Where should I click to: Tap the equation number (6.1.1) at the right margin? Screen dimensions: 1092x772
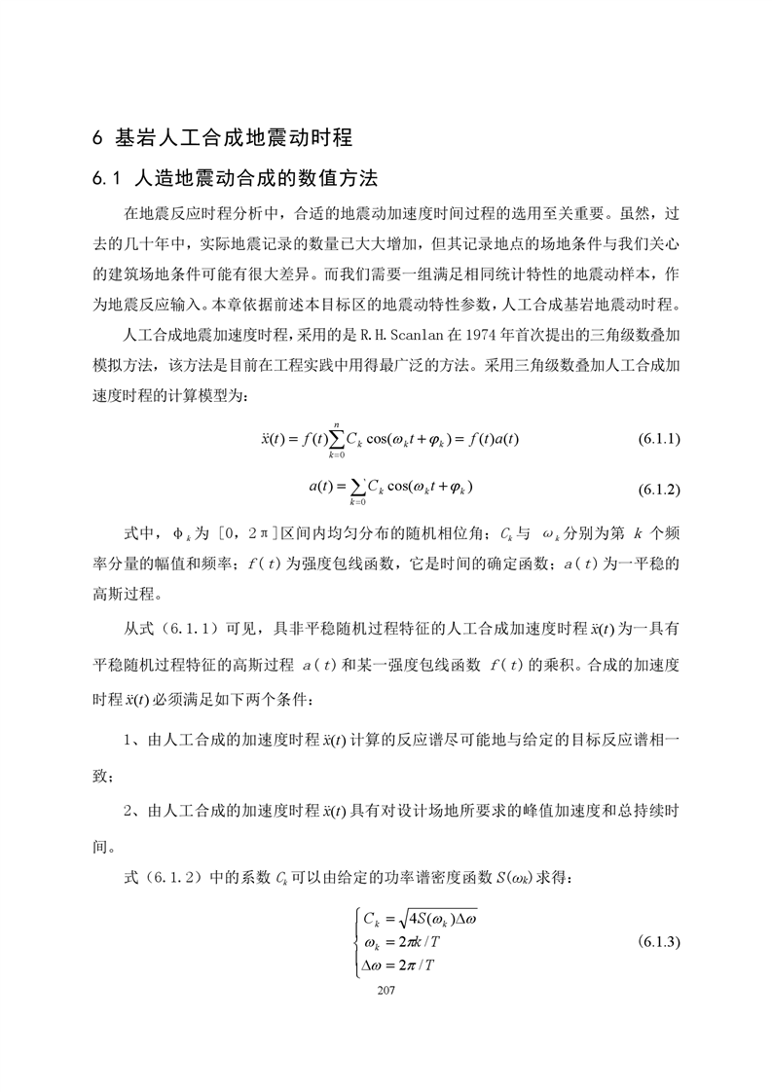658,439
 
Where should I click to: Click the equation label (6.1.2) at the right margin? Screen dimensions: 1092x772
658,486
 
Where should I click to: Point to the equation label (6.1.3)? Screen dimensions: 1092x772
658,943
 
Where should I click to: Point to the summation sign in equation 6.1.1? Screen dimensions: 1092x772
337,440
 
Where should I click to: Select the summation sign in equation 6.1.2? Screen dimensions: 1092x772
356,486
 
